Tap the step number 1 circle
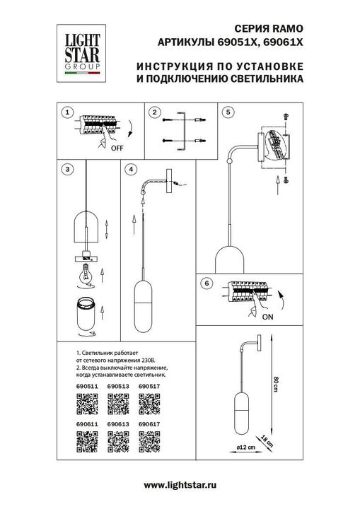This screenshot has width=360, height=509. pyautogui.click(x=66, y=112)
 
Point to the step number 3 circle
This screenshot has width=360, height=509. pyautogui.click(x=66, y=169)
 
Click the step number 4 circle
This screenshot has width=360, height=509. pyautogui.click(x=131, y=169)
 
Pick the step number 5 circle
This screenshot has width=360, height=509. pyautogui.click(x=227, y=112)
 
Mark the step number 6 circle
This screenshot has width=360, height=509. pyautogui.click(x=206, y=283)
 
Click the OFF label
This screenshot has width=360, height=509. pyautogui.click(x=117, y=149)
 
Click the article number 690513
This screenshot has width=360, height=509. pyautogui.click(x=117, y=386)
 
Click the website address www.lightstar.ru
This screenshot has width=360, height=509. pyautogui.click(x=180, y=485)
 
